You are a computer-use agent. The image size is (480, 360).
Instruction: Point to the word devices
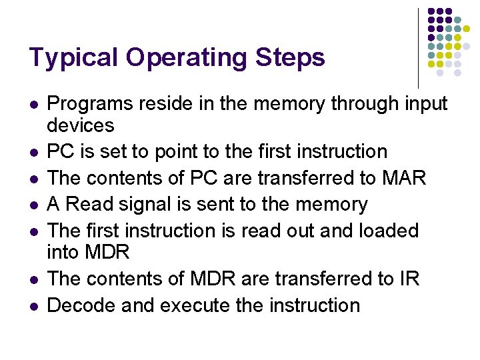(81, 125)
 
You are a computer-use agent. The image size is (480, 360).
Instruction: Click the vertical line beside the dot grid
(418, 47)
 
